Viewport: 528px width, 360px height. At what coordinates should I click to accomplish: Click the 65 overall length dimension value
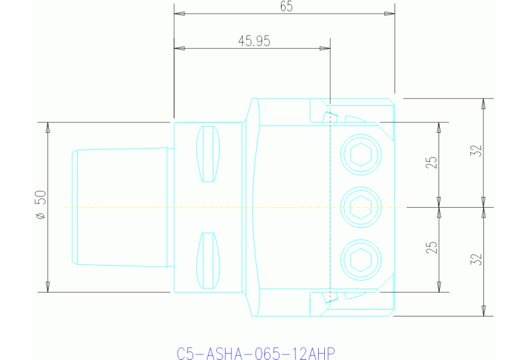click(x=286, y=6)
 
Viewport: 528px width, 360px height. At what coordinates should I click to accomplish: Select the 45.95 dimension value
click(x=254, y=41)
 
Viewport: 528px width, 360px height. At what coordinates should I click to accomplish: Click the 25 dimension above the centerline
click(x=431, y=164)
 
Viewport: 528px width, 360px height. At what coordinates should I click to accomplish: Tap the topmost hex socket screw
click(x=361, y=155)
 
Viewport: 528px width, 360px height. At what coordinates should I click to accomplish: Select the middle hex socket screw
click(x=361, y=206)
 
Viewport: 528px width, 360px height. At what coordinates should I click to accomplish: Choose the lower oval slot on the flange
click(x=209, y=260)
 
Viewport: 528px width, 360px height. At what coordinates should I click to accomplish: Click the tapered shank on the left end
click(x=120, y=207)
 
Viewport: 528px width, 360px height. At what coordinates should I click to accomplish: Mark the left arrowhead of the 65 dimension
click(x=179, y=13)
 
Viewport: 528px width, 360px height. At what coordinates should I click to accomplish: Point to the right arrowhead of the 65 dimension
click(x=390, y=13)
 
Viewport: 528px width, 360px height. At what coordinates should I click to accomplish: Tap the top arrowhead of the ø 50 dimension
click(x=47, y=127)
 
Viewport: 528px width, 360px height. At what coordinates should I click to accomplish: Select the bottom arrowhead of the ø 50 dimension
click(x=47, y=286)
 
